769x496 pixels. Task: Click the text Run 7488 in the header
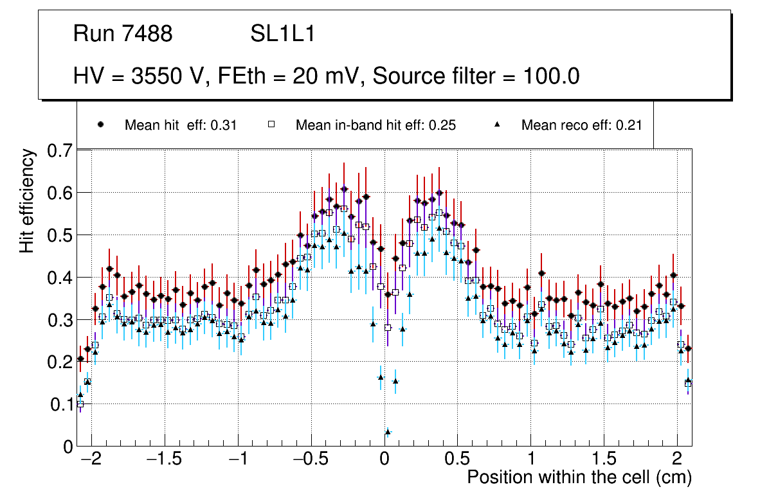pyautogui.click(x=123, y=34)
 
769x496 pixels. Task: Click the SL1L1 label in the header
pyautogui.click(x=283, y=34)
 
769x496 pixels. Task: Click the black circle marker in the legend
pyautogui.click(x=101, y=125)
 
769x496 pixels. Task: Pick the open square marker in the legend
pyautogui.click(x=271, y=125)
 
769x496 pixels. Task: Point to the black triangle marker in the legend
pyautogui.click(x=498, y=125)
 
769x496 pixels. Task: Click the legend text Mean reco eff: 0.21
pyautogui.click(x=581, y=125)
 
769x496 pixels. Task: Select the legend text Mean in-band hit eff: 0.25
pyautogui.click(x=375, y=125)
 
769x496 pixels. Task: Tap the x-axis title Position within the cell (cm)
pyautogui.click(x=579, y=477)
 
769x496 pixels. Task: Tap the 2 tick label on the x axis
pyautogui.click(x=677, y=460)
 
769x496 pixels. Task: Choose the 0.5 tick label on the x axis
pyautogui.click(x=457, y=460)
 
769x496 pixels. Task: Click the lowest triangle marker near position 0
pyautogui.click(x=388, y=431)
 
